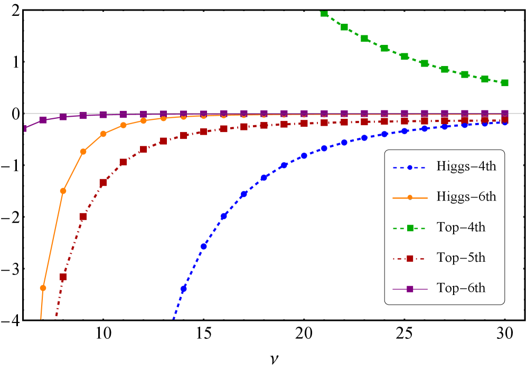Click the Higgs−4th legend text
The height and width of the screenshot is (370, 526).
tap(466, 166)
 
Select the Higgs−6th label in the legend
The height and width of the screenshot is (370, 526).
tap(466, 197)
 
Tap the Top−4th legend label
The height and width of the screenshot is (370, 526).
tap(461, 227)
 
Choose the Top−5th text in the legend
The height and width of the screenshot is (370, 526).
tap(461, 258)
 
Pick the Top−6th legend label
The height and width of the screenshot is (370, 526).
tap(461, 288)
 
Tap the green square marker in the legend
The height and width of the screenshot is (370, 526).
tap(410, 228)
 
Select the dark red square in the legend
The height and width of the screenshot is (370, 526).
tap(410, 259)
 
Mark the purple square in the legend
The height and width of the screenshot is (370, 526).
tap(410, 289)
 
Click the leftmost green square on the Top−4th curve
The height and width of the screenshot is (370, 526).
tap(324, 14)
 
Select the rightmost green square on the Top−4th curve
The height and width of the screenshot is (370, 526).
tap(505, 83)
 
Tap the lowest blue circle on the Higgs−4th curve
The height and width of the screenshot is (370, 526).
tap(183, 289)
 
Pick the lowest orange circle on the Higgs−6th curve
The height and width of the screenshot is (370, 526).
tap(43, 288)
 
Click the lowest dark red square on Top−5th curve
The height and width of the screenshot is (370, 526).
tap(63, 277)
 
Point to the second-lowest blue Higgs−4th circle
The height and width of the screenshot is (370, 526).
tap(203, 246)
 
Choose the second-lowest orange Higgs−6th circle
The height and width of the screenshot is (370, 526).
tap(63, 191)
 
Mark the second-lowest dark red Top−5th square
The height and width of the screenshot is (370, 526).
tap(83, 216)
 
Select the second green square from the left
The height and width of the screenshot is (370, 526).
tap(344, 27)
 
